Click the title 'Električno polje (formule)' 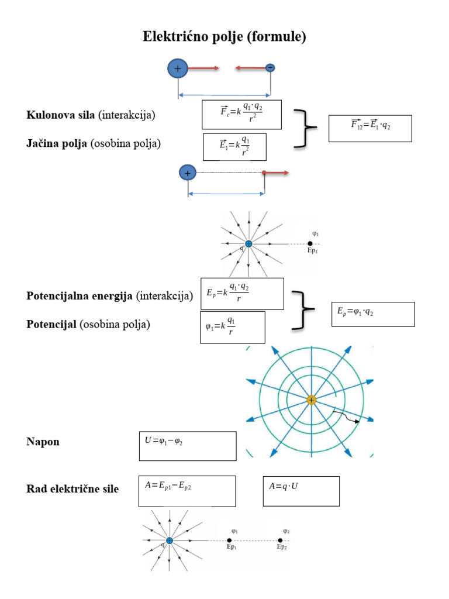click(224, 37)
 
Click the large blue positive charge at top click(178, 68)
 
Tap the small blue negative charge click(270, 68)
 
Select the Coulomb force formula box click(241, 114)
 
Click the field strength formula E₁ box click(234, 146)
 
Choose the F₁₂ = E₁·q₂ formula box click(370, 128)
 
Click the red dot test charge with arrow click(265, 173)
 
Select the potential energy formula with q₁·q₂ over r click(241, 293)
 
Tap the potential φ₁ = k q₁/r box click(232, 327)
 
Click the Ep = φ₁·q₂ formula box click(372, 314)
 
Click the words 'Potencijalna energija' click(80, 296)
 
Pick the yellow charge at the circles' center click(311, 400)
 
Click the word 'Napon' click(43, 442)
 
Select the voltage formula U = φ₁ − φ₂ click(187, 446)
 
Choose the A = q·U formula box click(301, 490)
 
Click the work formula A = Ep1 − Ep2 click(187, 490)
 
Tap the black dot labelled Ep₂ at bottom click(281, 541)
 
